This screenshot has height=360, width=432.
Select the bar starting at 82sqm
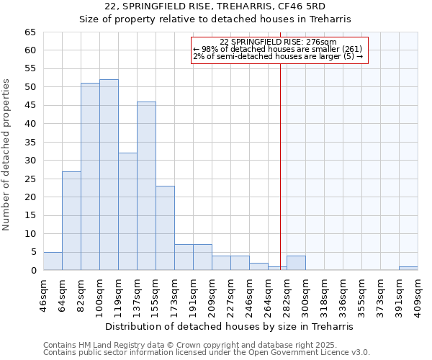click(90, 176)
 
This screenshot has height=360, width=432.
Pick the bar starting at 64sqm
click(71, 220)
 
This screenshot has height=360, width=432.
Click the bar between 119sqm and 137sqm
click(127, 212)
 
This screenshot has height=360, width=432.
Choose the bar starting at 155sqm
click(165, 228)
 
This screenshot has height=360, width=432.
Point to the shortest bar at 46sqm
click(53, 261)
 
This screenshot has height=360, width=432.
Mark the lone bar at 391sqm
click(408, 269)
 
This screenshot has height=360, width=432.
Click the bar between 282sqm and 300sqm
click(296, 263)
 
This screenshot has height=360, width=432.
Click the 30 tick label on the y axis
click(30, 161)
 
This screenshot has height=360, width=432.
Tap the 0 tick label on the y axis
click(32, 271)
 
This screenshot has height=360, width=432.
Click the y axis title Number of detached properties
click(6, 155)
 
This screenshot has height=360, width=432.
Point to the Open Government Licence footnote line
click(206, 353)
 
